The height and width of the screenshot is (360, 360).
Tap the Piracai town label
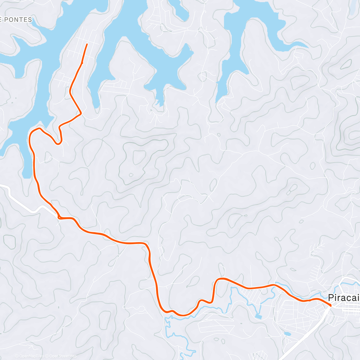click(344, 298)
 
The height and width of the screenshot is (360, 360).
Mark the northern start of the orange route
click(87, 44)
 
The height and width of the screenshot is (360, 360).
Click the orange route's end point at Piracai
click(330, 305)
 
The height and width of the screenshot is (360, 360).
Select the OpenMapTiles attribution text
click(31, 356)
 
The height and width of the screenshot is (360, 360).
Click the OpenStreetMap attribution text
click(63, 356)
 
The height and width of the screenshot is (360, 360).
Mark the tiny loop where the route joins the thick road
click(60, 217)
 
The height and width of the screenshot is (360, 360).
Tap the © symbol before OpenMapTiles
click(17, 356)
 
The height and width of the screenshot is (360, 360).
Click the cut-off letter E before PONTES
click(1, 20)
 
